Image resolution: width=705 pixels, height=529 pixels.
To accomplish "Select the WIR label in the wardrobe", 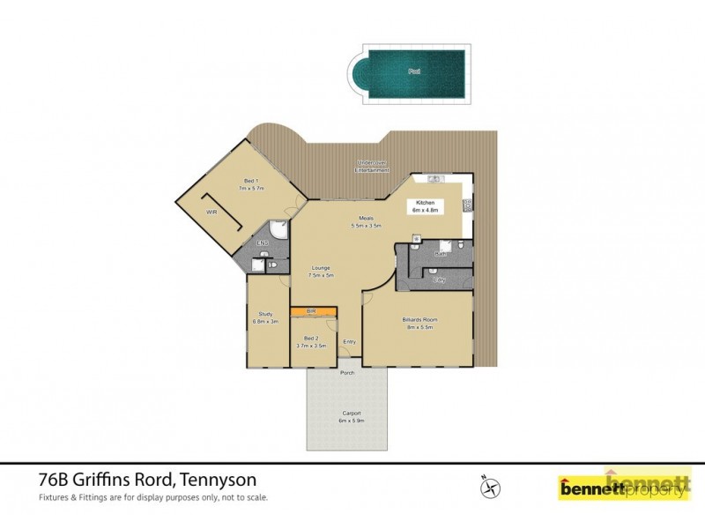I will [x=211, y=212].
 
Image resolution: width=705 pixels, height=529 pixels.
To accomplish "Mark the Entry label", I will [x=350, y=342].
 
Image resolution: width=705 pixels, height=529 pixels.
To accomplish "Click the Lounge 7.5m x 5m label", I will [x=320, y=272].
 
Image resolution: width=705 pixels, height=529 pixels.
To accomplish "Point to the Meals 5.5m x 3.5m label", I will [x=366, y=223].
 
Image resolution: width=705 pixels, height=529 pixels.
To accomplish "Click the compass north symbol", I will [x=488, y=486].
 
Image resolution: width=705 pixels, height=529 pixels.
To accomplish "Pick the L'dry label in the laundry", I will [x=438, y=279].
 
